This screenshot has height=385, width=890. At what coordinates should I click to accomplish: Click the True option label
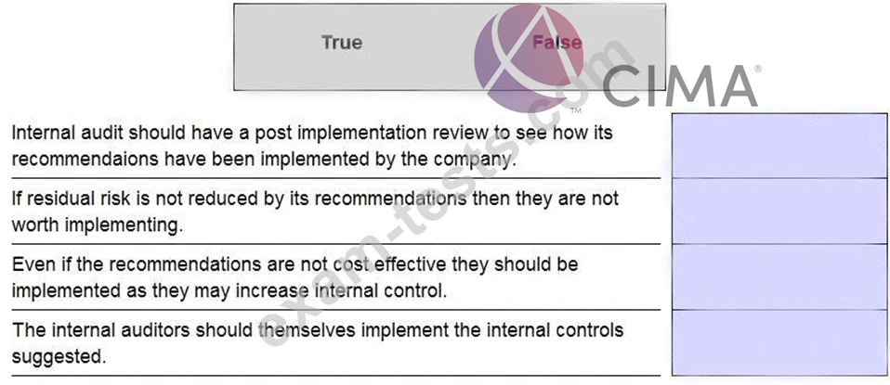[x=342, y=43]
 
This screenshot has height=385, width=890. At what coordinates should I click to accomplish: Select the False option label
[x=556, y=43]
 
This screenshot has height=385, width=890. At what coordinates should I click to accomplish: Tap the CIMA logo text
[x=680, y=86]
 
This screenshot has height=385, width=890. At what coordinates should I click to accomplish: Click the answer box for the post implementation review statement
[x=779, y=146]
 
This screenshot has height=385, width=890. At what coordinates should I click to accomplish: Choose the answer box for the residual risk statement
[x=779, y=211]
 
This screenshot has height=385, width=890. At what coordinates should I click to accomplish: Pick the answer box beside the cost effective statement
[x=779, y=276]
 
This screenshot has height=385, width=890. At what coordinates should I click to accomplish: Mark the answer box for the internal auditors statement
[x=779, y=342]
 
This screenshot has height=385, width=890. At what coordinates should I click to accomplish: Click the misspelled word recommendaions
[x=85, y=160]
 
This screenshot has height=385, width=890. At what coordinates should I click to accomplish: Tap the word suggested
[x=59, y=358]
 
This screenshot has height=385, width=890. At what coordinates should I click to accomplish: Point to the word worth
[x=35, y=225]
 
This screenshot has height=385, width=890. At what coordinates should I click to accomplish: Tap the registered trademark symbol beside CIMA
[x=757, y=70]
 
